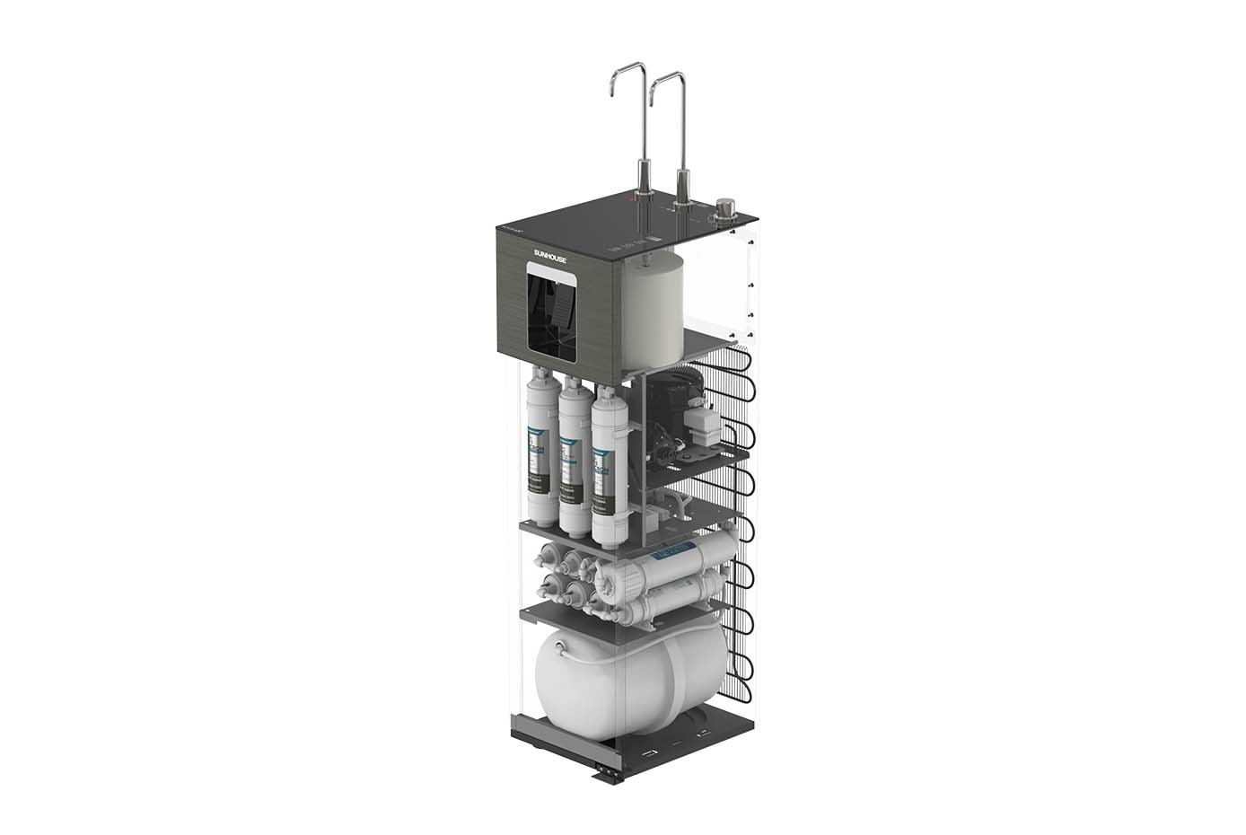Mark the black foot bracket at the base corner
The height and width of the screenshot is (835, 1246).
click(608, 772)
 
